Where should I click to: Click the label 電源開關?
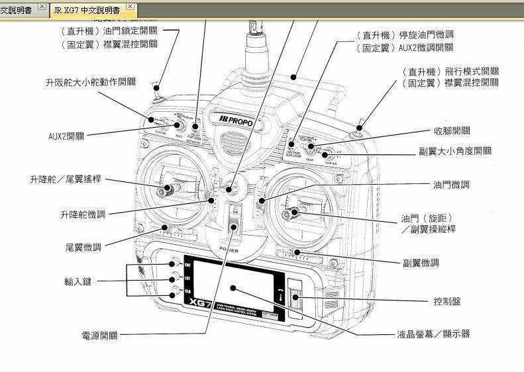[99, 336]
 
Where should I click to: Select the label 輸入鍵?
[78, 281]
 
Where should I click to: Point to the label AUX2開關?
[66, 136]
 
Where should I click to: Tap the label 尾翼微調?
[83, 247]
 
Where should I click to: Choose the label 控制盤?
[447, 301]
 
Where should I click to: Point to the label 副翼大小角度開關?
[455, 151]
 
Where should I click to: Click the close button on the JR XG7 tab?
[131, 7]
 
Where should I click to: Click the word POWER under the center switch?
[229, 250]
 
